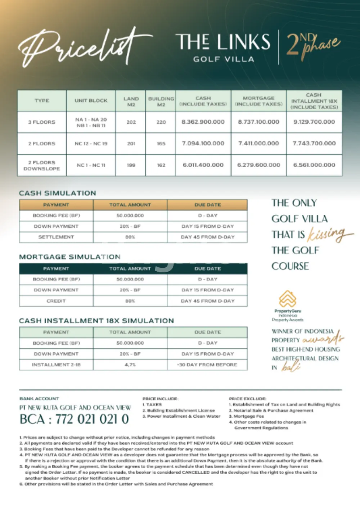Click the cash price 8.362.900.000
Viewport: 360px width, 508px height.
click(x=203, y=122)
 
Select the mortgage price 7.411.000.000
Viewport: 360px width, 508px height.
click(x=258, y=143)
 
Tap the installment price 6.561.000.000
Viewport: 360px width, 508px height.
click(x=314, y=165)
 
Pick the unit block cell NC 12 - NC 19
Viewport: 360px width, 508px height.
click(x=91, y=143)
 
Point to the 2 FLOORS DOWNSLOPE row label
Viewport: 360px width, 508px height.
click(x=42, y=165)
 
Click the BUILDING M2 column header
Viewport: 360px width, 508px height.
click(x=161, y=101)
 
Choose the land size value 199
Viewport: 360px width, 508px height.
click(x=131, y=165)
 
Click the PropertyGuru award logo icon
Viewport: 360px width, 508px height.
click(x=288, y=299)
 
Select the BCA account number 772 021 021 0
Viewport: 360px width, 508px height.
click(x=74, y=419)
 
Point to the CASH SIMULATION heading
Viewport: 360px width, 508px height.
click(x=58, y=193)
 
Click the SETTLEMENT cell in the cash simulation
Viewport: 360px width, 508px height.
click(x=56, y=237)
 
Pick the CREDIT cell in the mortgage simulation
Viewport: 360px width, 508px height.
click(x=56, y=301)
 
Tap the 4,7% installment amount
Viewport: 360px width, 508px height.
click(x=130, y=365)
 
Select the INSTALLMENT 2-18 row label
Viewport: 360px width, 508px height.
click(x=56, y=365)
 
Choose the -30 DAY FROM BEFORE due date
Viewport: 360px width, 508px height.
click(x=207, y=365)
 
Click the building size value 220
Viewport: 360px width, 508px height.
click(x=161, y=122)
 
